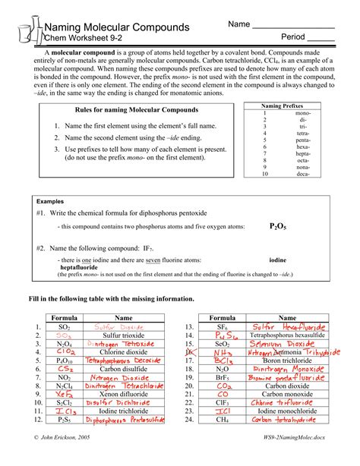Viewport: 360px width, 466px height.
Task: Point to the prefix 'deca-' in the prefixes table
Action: (303, 173)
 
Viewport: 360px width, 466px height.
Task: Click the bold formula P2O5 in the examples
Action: (278, 226)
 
